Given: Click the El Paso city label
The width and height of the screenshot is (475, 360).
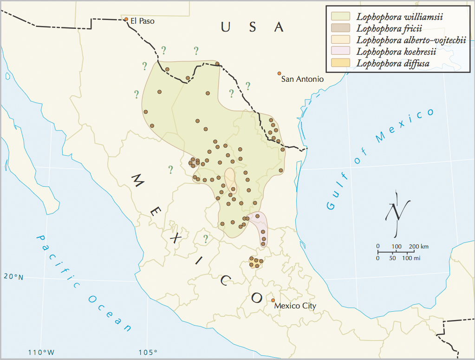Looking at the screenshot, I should pyautogui.click(x=142, y=21).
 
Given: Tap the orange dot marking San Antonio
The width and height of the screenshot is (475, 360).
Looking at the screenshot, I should pyautogui.click(x=279, y=73).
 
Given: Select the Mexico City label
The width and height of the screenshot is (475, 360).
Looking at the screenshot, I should pyautogui.click(x=295, y=306).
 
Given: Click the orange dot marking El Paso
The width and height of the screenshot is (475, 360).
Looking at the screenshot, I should pyautogui.click(x=126, y=19).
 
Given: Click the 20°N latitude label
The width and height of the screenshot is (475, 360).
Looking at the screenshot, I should pyautogui.click(x=13, y=277).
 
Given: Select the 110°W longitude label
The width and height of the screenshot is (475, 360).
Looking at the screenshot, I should pyautogui.click(x=41, y=352).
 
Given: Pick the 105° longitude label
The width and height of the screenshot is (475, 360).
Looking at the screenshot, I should pyautogui.click(x=149, y=352).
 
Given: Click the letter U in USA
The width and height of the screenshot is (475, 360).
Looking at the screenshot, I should pyautogui.click(x=225, y=27).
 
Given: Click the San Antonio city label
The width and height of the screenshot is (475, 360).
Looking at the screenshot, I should pyautogui.click(x=302, y=79).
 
